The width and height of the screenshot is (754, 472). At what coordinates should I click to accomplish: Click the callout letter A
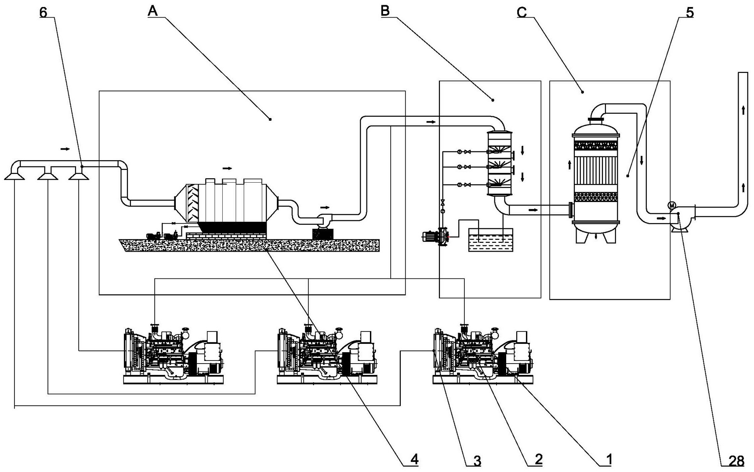152,11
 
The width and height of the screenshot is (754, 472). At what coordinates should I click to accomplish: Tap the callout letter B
385,11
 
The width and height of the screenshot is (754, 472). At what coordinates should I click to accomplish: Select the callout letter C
522,12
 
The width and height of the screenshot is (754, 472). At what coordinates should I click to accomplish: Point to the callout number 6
43,12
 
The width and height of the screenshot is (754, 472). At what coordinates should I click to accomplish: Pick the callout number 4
414,460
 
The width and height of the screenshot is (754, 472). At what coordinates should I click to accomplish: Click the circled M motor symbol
671,205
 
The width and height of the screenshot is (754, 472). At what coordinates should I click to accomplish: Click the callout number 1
609,460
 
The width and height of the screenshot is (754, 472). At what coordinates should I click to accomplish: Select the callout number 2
539,460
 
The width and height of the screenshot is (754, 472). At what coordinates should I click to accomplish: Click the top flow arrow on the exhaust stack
743,110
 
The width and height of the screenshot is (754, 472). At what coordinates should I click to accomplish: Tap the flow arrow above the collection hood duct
65,149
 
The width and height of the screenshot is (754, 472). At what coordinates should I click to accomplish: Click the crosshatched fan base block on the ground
323,234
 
